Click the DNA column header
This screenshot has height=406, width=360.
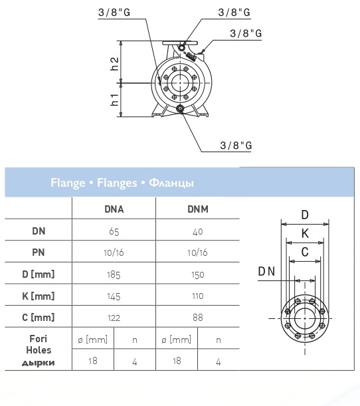point(114,209)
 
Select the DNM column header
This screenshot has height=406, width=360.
point(198,209)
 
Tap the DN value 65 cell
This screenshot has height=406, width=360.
point(114,231)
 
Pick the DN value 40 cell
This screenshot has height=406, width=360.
point(198,231)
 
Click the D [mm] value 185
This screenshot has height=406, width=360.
point(114,274)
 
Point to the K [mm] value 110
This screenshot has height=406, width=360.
point(198,296)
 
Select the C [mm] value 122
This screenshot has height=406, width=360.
point(114,318)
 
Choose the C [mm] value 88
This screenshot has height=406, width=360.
point(198,318)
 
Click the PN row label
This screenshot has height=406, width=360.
point(39,253)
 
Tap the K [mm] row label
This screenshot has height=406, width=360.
point(39,296)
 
